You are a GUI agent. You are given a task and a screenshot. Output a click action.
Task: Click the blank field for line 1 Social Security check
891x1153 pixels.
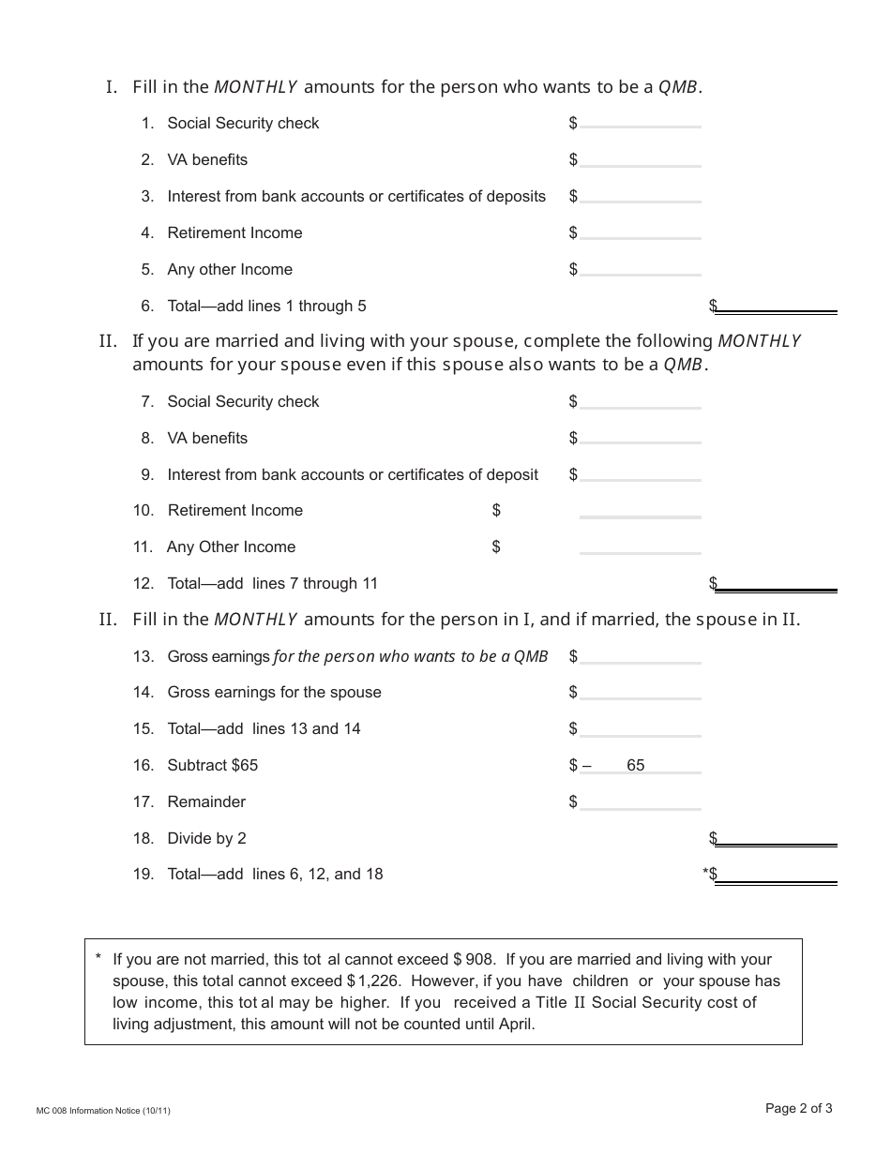[x=640, y=122]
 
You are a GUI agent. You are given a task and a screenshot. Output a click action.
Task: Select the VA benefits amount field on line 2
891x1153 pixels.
[x=640, y=159]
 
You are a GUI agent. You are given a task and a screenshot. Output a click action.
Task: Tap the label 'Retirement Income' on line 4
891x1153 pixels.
[x=234, y=232]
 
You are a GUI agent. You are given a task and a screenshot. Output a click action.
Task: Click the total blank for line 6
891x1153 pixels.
[x=776, y=306]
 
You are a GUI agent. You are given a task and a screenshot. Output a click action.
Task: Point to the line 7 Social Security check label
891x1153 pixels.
[x=243, y=401]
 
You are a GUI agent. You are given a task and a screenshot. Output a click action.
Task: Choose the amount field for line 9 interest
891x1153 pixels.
[x=640, y=474]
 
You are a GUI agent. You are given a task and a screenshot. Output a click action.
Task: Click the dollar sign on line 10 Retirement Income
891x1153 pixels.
[x=496, y=510]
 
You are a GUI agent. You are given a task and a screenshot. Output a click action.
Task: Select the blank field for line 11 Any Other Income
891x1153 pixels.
[x=640, y=547]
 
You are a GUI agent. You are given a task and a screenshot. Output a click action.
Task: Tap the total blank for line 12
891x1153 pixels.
[x=776, y=583]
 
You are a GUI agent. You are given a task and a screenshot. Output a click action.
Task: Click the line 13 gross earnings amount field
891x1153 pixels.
[x=640, y=656]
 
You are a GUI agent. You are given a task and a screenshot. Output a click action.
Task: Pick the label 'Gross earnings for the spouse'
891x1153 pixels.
[x=274, y=692]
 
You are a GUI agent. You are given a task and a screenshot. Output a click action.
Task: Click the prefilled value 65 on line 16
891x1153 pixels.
[x=635, y=765]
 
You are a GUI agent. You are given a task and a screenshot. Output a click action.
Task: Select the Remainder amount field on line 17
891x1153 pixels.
[x=640, y=801]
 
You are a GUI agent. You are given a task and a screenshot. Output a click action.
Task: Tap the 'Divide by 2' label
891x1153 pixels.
[x=206, y=838]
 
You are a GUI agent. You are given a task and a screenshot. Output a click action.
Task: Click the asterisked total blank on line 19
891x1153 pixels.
[x=776, y=874]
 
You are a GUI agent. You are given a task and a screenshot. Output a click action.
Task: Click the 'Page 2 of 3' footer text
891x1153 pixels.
[x=798, y=1108]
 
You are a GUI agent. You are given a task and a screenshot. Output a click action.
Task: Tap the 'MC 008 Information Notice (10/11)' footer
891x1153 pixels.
[x=103, y=1111]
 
